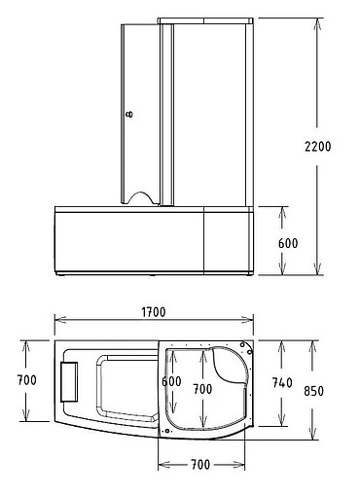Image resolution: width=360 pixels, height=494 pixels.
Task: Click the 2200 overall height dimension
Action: (317, 147)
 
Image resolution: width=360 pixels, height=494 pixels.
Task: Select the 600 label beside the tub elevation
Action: (287, 241)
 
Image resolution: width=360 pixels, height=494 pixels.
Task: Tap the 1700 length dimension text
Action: (152, 312)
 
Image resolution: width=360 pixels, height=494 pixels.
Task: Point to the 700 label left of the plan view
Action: (26, 379)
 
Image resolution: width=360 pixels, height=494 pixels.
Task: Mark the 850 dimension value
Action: (313, 391)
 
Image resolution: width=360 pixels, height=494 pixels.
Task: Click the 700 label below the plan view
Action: (201, 465)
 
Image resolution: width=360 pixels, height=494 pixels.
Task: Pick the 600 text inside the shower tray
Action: (172, 382)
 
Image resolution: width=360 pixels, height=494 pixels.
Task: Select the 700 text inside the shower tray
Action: (202, 388)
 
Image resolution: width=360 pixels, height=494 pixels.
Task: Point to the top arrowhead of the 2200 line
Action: (317, 21)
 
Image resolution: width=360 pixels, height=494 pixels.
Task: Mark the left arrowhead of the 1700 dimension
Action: (56, 322)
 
